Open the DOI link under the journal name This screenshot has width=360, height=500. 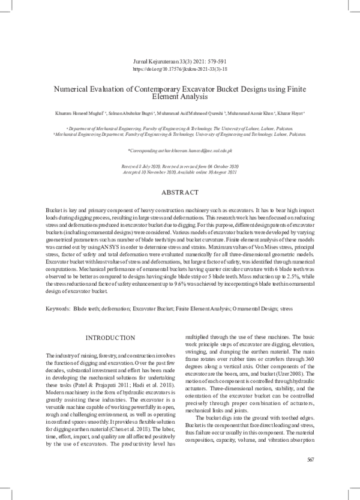(x=180, y=69)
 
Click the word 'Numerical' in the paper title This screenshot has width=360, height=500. (x=73, y=88)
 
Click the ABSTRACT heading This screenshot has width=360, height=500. (x=180, y=192)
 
